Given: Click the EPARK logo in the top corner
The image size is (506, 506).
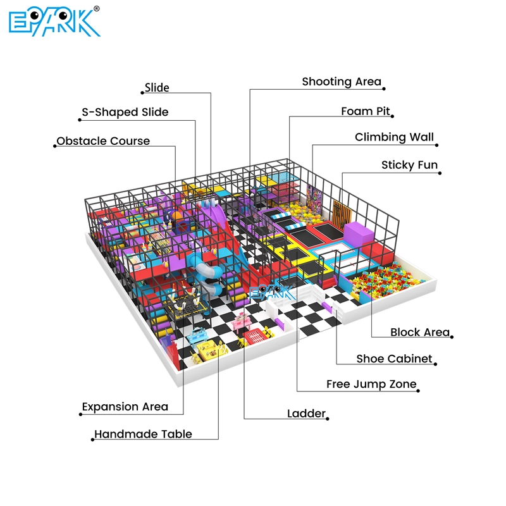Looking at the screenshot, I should click(x=54, y=22).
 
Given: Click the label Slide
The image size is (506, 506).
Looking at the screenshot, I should click(x=157, y=87).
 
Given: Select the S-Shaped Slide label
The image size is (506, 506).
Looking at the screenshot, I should click(x=125, y=113).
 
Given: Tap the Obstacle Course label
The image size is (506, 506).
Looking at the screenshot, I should click(x=103, y=141).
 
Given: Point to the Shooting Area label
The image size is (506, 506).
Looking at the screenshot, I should click(x=342, y=82).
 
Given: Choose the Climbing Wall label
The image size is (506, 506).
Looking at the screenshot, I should click(x=394, y=137).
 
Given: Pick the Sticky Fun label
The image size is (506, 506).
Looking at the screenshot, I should click(x=409, y=165).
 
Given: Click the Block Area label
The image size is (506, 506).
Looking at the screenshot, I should click(x=420, y=332).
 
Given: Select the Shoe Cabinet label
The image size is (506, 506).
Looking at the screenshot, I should click(x=394, y=359).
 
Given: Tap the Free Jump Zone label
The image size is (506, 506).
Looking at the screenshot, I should click(x=371, y=384).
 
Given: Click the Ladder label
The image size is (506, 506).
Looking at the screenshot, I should click(x=306, y=414).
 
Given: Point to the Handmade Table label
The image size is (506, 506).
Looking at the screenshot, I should click(x=143, y=434).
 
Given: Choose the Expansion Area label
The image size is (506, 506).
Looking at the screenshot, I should click(x=125, y=407).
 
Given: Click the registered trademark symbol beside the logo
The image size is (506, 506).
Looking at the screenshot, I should click(x=96, y=9).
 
